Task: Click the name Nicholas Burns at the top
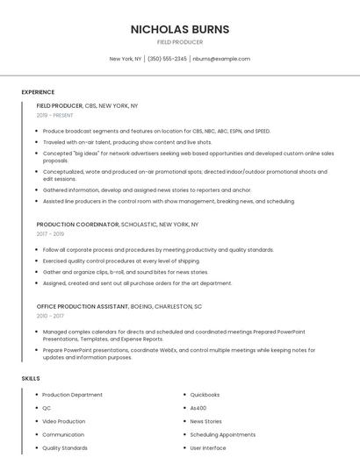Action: pos(179,29)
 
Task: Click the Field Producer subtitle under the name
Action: pos(179,42)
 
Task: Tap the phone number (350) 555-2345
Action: pos(167,59)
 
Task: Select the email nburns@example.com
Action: pos(221,59)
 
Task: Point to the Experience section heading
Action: pos(38,92)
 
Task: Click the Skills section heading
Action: pos(31,378)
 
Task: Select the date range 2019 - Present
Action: pos(54,115)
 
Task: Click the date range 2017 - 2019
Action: pos(50,234)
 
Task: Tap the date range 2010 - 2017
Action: pos(50,316)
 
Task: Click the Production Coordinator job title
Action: pos(77,225)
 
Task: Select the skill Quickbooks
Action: pos(205,395)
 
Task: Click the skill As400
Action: pos(198,408)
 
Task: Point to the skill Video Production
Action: pos(63,421)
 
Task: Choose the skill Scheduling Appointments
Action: pos(222,434)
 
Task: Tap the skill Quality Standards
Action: pos(64,447)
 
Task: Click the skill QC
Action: pos(47,408)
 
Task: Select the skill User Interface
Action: pos(208,447)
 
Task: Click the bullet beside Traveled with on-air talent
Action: pos(36,142)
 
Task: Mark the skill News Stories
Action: pos(205,421)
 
